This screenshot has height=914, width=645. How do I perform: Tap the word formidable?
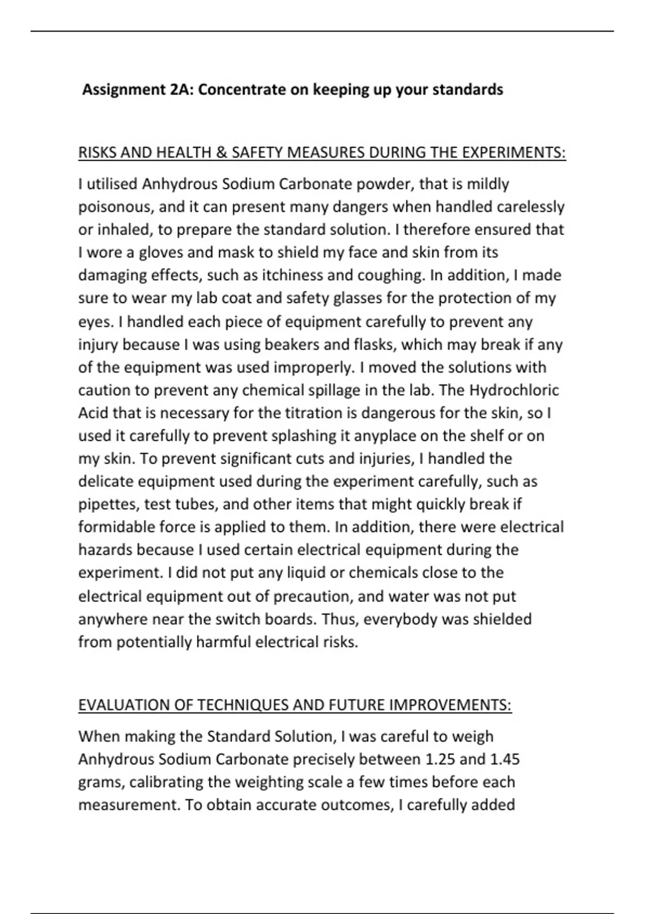117,527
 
